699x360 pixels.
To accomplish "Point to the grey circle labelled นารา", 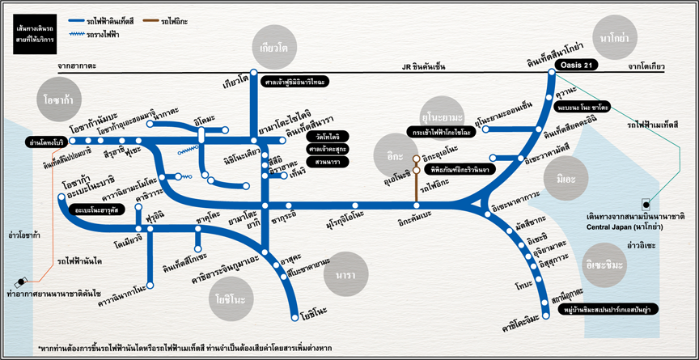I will [340, 275].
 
